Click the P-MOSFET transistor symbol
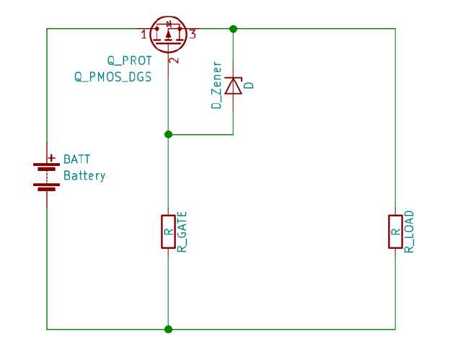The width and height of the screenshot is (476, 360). [x=168, y=33]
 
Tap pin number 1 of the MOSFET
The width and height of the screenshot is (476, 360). [x=144, y=35]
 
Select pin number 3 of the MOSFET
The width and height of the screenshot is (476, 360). [x=193, y=35]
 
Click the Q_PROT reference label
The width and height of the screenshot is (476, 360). [x=130, y=61]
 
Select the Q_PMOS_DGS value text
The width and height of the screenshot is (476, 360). [x=113, y=76]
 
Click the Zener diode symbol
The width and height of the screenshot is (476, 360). [x=233, y=86]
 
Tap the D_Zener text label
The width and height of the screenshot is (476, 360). [x=216, y=86]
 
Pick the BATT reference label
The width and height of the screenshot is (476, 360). [x=77, y=159]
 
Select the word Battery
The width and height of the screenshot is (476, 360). [x=84, y=175]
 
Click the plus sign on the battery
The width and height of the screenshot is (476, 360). [x=51, y=157]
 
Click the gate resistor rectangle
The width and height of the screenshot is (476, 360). [x=168, y=232]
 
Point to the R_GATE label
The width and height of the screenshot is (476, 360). [x=182, y=232]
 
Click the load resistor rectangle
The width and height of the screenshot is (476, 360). [x=395, y=232]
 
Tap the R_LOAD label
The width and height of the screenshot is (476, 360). [x=410, y=232]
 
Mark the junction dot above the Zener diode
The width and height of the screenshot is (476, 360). [x=233, y=29]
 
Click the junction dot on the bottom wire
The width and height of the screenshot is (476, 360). [x=168, y=329]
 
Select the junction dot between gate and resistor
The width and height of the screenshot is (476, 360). [x=168, y=134]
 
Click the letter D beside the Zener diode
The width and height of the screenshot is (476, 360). [x=250, y=85]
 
